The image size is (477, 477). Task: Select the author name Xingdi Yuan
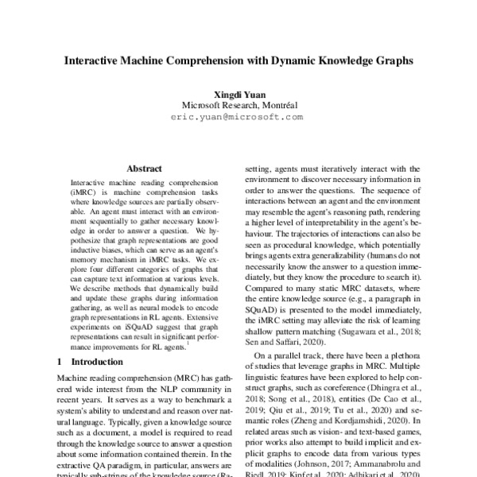point(237,93)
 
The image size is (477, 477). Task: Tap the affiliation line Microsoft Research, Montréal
point(238,104)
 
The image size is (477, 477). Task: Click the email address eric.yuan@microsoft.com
point(237,116)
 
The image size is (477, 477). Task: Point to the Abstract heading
point(144,169)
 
